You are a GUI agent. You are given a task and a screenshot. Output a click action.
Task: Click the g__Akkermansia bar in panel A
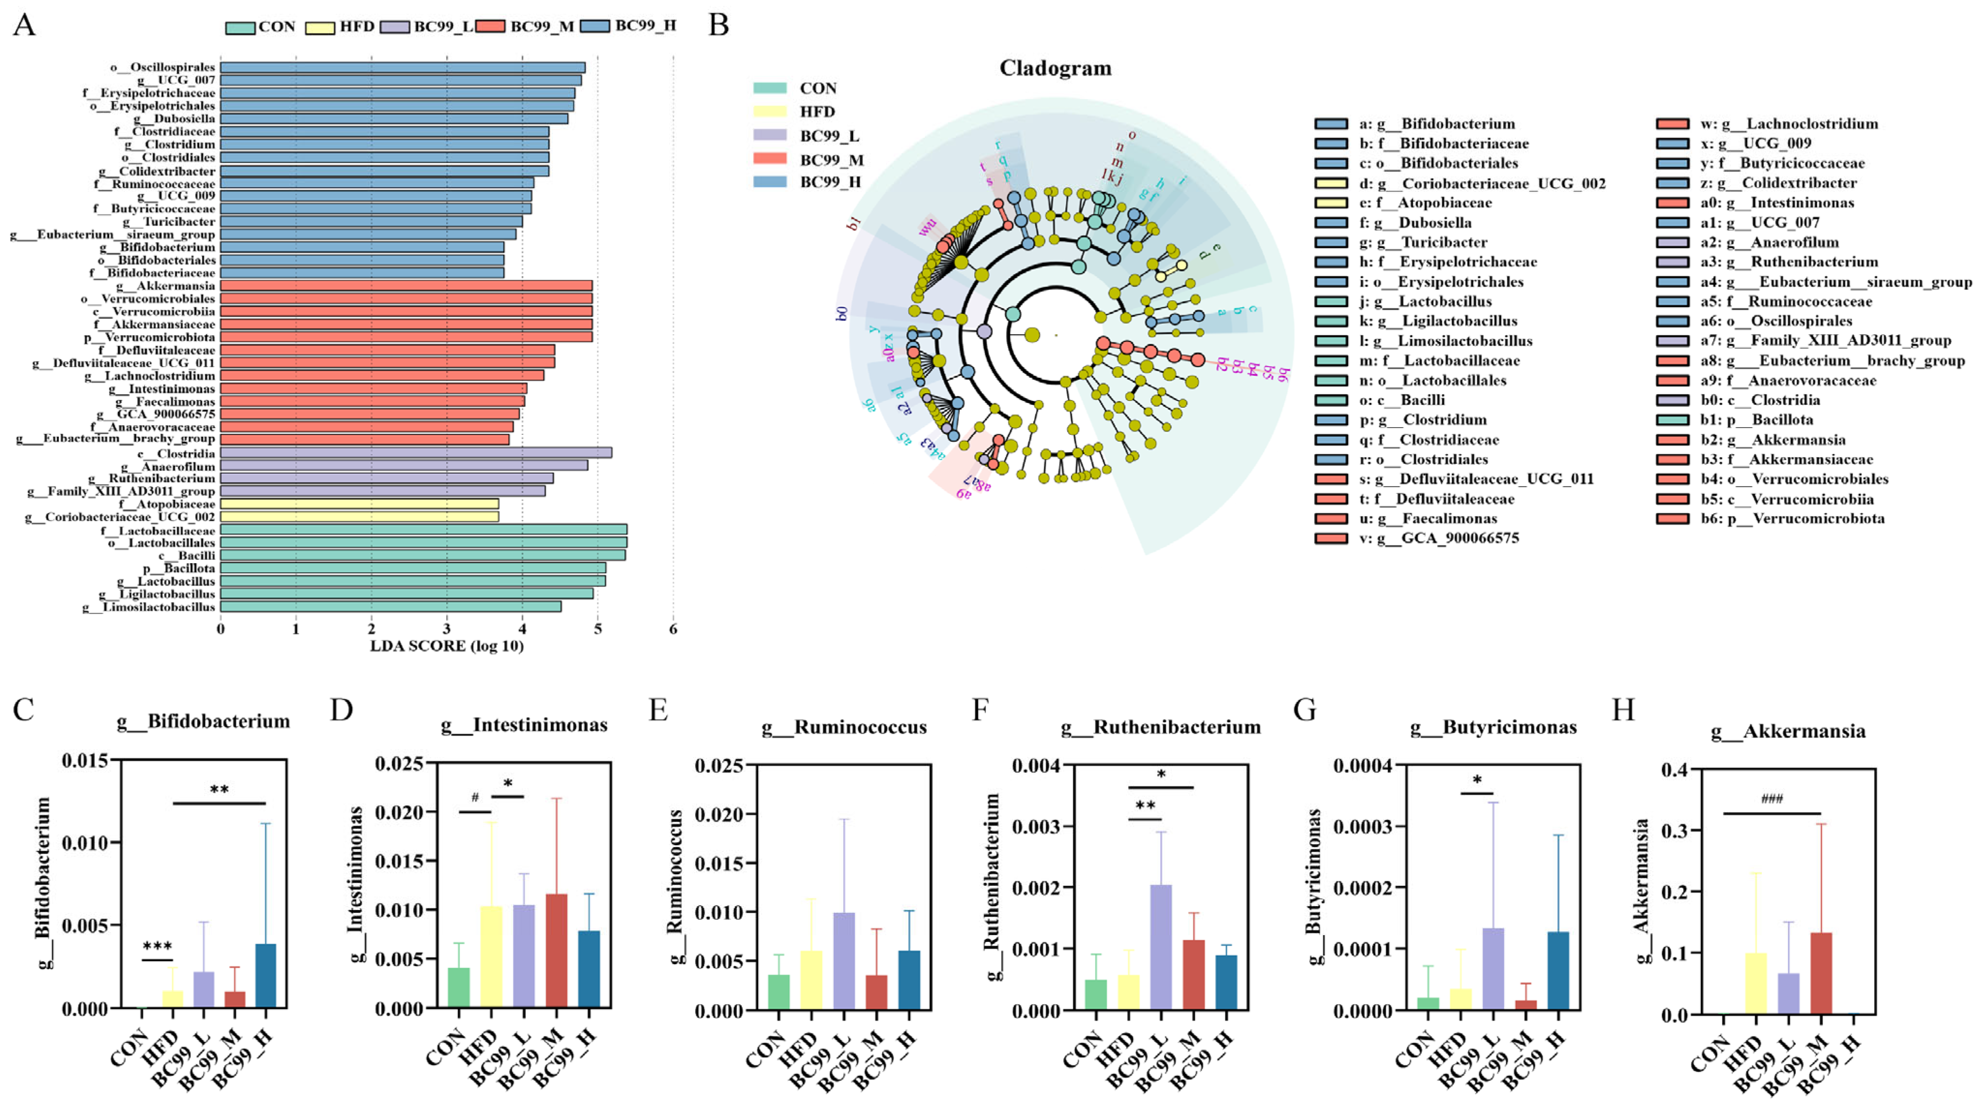406,286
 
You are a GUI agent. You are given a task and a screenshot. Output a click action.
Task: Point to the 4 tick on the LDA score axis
522,630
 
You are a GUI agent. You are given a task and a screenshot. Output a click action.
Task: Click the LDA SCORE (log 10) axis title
447,646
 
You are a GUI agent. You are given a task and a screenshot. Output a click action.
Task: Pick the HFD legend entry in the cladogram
817,112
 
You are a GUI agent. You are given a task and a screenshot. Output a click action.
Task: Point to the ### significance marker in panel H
1772,799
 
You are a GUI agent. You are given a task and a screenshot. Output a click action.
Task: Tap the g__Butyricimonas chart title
1493,727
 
